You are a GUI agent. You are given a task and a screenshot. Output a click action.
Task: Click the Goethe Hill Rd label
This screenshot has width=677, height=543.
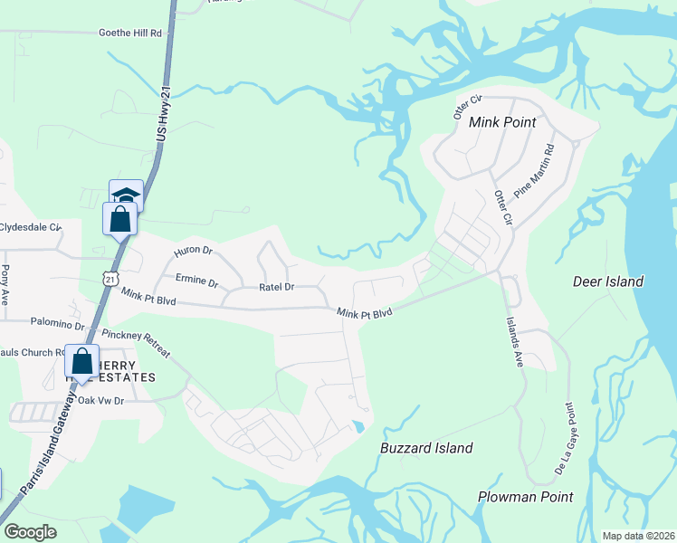point(130,33)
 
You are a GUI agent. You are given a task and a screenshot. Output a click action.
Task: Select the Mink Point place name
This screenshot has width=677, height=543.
point(502,122)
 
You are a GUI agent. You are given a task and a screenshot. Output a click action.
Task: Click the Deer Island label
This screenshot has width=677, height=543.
point(608,281)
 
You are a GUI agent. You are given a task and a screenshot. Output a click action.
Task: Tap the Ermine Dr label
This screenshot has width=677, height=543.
point(197,282)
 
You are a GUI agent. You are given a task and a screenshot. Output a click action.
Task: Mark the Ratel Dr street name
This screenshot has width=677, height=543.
point(277,287)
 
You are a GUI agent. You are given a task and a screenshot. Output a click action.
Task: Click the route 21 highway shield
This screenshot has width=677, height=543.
point(110,279)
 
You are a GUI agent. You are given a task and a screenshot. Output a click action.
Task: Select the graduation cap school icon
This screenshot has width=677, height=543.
point(127,194)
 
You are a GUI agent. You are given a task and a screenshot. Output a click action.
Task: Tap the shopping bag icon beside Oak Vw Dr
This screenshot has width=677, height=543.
point(81,361)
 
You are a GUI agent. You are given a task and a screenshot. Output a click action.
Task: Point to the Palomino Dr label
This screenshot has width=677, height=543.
point(57,323)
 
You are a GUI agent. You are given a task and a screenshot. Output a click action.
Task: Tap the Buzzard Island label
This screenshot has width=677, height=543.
point(426,448)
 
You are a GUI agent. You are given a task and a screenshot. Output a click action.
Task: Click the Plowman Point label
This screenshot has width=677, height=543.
point(525,497)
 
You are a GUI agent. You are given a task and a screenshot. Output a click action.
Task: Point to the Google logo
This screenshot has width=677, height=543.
point(30,532)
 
